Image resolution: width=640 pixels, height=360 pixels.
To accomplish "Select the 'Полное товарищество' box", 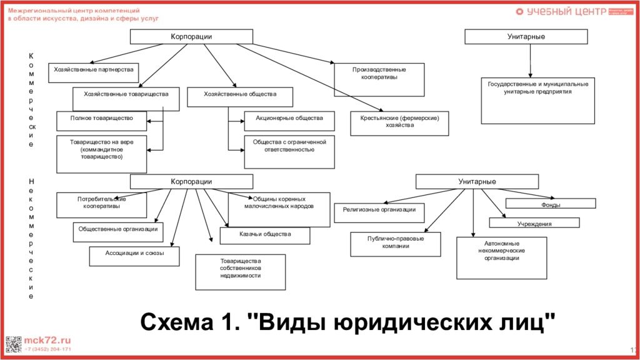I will pos(102,120).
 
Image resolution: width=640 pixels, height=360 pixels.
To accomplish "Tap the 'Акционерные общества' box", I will pos(289,121).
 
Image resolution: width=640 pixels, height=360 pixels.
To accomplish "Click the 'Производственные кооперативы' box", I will pos(379,79).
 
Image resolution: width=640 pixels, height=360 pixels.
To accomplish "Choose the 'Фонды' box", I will pos(551,204).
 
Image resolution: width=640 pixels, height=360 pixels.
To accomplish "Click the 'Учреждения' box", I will pos(534,222).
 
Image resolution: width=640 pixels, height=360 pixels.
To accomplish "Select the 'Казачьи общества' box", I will pos(264,235).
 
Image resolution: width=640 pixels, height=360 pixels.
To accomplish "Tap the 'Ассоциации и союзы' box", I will pos(134,256).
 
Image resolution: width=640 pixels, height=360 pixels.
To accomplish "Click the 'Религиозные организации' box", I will pos(379,212).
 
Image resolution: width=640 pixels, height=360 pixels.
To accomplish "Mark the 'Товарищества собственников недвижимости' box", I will pos(240,271).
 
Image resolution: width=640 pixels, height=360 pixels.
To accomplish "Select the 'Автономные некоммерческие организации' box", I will pos(501,257).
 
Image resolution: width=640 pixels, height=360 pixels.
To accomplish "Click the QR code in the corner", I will pos(13,344).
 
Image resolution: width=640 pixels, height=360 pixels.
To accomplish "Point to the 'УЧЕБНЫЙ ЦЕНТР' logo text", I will pos(558,12).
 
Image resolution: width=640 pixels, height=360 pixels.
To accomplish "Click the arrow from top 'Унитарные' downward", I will pos(530,60).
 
